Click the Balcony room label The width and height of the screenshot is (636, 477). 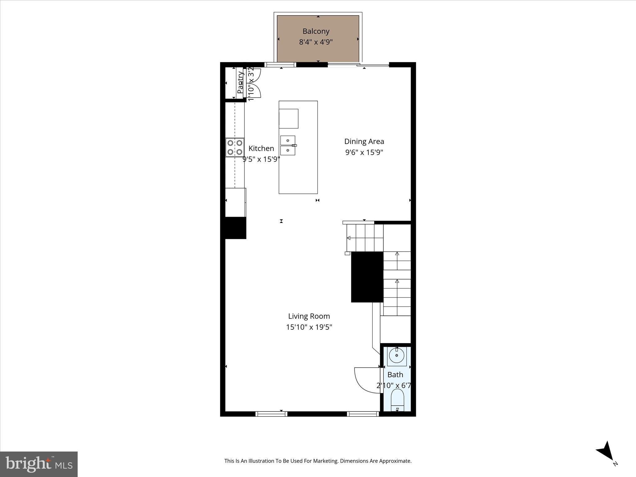click(x=316, y=31)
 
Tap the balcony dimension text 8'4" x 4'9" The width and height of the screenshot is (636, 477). click(x=316, y=42)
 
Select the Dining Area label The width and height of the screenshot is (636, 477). click(x=364, y=142)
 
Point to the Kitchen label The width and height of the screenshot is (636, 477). click(x=261, y=148)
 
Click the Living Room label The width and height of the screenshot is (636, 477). click(x=309, y=316)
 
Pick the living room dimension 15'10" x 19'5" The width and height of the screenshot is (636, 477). click(x=309, y=327)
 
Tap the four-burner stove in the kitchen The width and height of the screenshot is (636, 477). click(x=235, y=148)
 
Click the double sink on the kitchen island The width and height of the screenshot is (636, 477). click(x=288, y=145)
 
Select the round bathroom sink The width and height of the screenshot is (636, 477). click(x=397, y=356)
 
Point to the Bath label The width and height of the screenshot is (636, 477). click(x=395, y=375)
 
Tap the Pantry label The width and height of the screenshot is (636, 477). click(x=240, y=83)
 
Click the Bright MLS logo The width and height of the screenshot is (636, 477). click(x=39, y=464)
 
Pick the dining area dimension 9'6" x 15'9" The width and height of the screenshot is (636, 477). click(x=364, y=152)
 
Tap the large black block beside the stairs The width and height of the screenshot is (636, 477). click(x=367, y=277)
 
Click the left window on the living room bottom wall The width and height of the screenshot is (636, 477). click(x=271, y=414)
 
